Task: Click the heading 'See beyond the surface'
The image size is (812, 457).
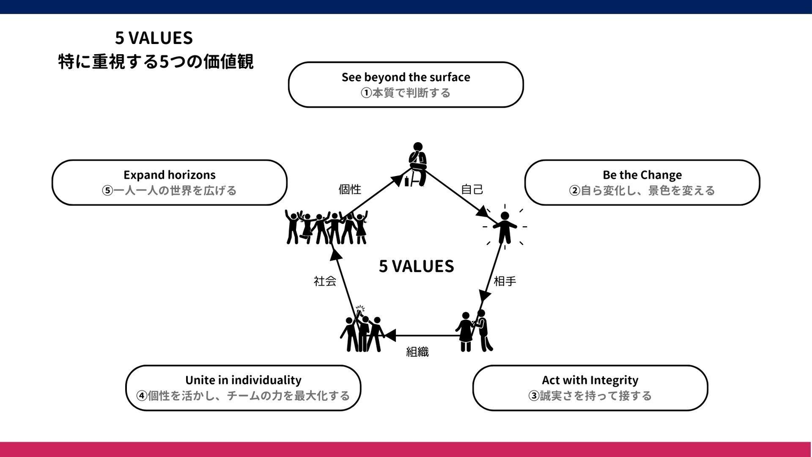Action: coord(405,77)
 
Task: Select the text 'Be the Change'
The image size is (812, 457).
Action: coord(642,175)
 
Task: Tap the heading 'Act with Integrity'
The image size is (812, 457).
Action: coord(590,380)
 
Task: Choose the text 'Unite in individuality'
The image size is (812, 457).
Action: coord(243,380)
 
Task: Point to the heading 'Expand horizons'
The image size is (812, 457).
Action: coord(169,175)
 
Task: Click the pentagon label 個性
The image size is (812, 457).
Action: coord(350,190)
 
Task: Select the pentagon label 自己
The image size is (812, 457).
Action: coord(472,190)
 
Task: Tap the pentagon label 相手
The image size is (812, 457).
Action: coord(505,281)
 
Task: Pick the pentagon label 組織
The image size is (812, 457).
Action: coord(417,352)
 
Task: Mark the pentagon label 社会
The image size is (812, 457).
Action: coord(325,281)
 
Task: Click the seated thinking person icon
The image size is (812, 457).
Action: coord(417,164)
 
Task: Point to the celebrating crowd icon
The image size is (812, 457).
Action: coord(326,227)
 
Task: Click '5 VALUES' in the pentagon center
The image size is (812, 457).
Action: coord(416,266)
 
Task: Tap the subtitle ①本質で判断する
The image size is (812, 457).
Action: coord(405,93)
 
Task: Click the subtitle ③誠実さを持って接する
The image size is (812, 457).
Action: coord(590,396)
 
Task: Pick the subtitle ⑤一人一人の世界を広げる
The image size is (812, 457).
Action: coord(169,190)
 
